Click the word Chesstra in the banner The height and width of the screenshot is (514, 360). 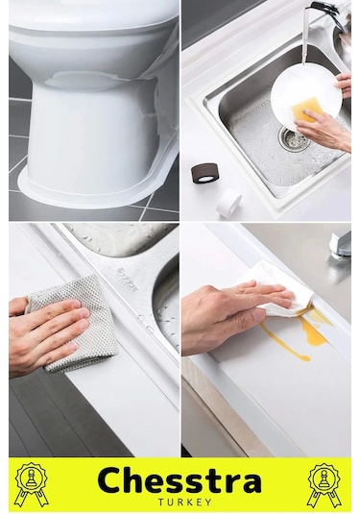click(x=180, y=481)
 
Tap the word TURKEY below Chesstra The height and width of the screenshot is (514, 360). click(x=184, y=502)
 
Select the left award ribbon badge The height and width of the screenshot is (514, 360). click(x=32, y=484)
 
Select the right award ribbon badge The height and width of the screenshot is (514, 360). click(x=324, y=484)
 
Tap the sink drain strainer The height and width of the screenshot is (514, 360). click(x=293, y=138)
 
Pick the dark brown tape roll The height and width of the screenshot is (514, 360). click(x=202, y=173)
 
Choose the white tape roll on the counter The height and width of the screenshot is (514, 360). click(x=229, y=202)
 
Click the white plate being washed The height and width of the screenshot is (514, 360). click(x=305, y=94)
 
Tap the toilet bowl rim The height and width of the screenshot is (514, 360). click(x=93, y=25)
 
